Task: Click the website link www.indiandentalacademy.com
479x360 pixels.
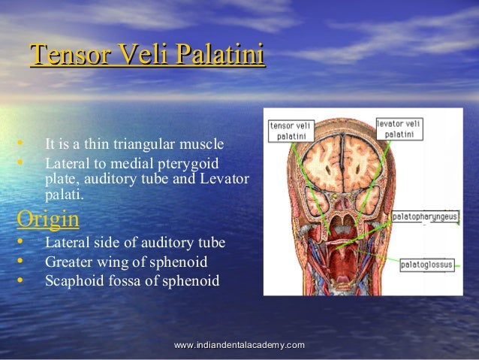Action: pos(239,344)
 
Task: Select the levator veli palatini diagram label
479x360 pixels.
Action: pos(399,128)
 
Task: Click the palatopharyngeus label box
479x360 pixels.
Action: pos(425,216)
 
